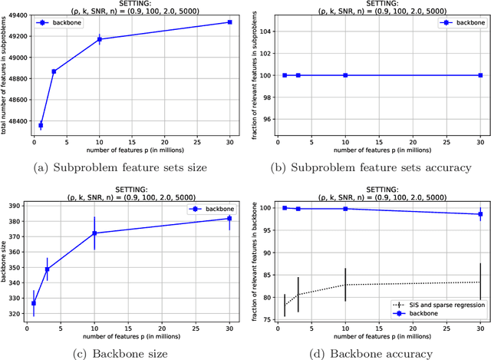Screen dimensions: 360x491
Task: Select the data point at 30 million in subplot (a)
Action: click(229, 22)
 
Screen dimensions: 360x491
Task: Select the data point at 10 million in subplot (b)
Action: click(345, 75)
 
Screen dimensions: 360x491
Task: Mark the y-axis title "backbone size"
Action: click(7, 262)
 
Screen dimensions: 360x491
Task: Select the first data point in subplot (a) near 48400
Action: click(41, 125)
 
